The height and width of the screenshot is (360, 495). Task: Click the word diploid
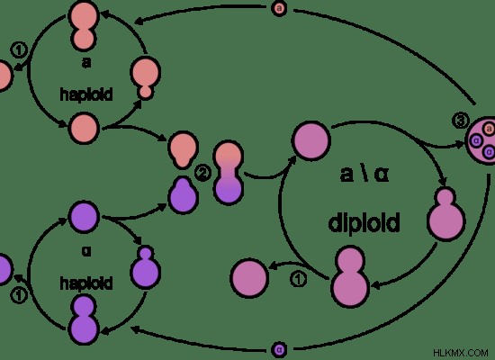(364, 223)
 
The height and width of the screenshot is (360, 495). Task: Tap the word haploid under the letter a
(86, 94)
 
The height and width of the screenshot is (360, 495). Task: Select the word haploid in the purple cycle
(86, 283)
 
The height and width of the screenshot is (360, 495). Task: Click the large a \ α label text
(364, 174)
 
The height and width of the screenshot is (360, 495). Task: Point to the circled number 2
(202, 173)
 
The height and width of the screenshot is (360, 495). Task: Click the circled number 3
(461, 121)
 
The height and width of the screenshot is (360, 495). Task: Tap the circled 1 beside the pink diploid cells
(298, 280)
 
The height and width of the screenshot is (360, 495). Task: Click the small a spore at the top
(279, 8)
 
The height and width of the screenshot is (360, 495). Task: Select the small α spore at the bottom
(279, 349)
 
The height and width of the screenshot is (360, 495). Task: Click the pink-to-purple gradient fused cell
(229, 173)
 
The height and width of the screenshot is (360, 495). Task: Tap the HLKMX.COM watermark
(461, 353)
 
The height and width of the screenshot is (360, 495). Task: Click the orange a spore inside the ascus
(489, 129)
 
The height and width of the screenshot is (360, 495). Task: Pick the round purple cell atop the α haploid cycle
(84, 217)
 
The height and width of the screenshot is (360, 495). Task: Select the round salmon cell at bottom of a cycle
(84, 129)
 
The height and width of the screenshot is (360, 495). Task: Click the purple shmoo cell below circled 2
(183, 195)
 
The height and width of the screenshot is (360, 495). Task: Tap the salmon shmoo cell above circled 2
(183, 150)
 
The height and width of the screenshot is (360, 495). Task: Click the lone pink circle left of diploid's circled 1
(249, 278)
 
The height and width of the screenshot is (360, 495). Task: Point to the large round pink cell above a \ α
(311, 140)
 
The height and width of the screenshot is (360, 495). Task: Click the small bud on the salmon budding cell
(146, 92)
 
